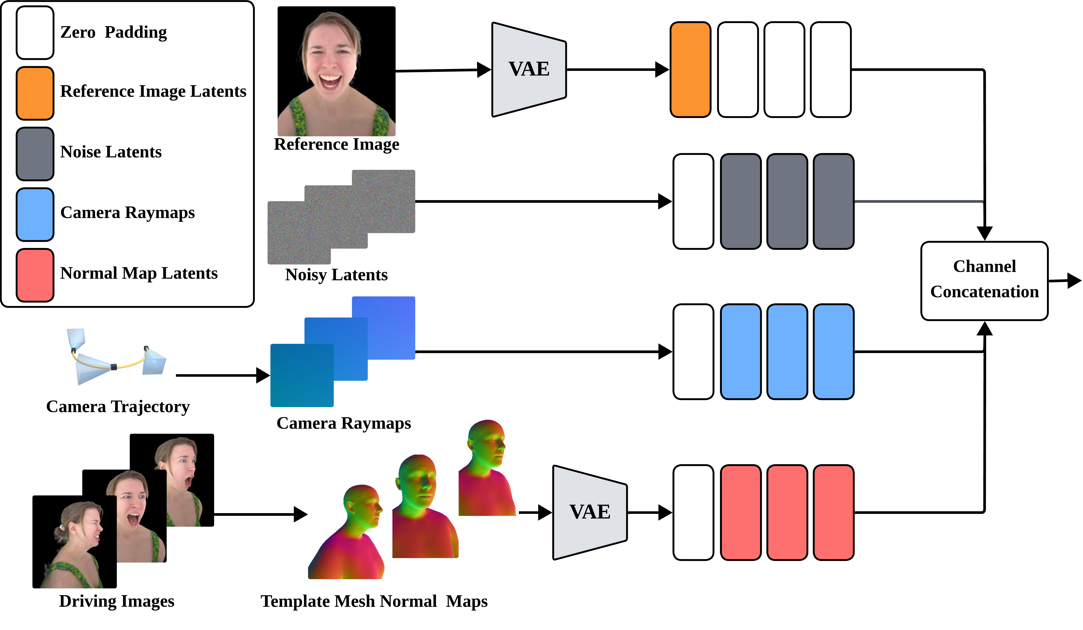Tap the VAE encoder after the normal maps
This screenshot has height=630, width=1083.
tap(590, 512)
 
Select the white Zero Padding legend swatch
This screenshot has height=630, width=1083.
tap(35, 33)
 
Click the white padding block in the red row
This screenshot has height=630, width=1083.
tap(693, 512)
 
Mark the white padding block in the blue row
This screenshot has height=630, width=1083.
tap(693, 352)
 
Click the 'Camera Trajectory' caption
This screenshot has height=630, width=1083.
tap(118, 407)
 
